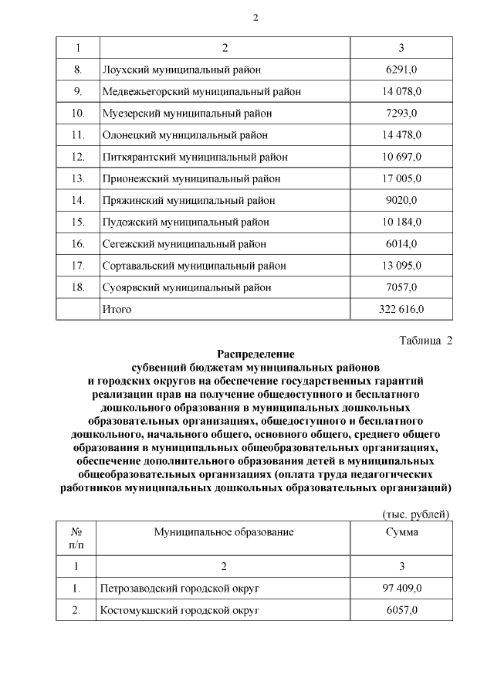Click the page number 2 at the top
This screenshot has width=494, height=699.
[255, 18]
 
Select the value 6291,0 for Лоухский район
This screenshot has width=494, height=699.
[401, 70]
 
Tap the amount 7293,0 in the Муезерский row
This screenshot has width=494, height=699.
[401, 114]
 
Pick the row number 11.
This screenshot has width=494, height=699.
[76, 135]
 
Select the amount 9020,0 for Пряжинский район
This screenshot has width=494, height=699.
[401, 200]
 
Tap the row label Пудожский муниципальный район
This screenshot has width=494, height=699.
[185, 222]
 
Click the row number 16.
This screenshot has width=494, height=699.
[76, 244]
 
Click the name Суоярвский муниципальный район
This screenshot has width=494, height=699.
[186, 287]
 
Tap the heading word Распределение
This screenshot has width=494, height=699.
[255, 353]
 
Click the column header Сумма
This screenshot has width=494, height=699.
[401, 532]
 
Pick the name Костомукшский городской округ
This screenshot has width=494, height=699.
[179, 610]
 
